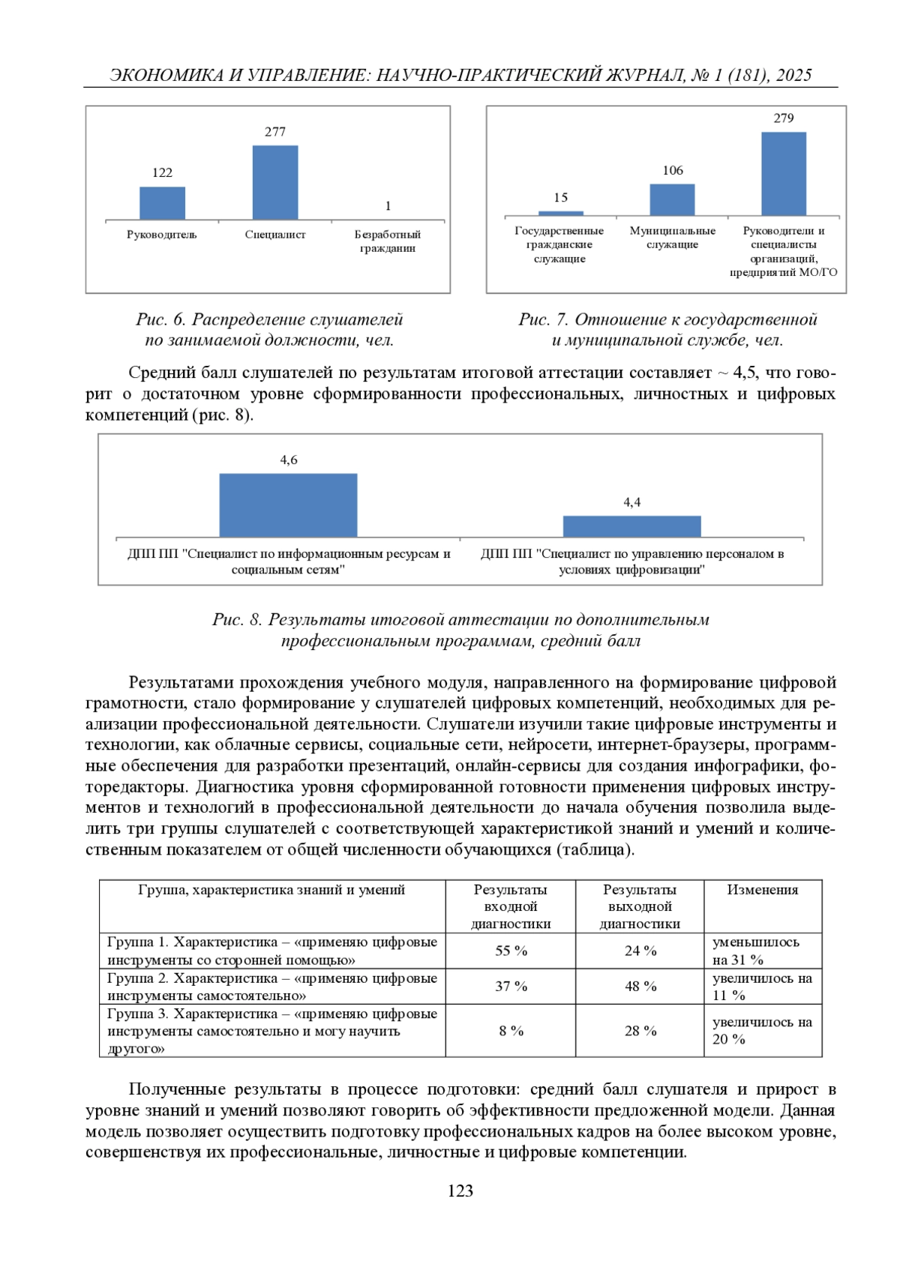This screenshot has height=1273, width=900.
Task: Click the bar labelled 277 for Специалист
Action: [x=275, y=182]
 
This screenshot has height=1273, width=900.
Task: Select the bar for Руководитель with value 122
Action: [x=162, y=203]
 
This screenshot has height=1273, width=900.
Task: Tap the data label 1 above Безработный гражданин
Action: [x=388, y=206]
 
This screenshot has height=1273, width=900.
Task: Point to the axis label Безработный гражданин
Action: [x=388, y=241]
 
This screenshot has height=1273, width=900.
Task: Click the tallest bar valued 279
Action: [x=784, y=174]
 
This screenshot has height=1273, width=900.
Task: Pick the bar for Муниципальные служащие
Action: [x=672, y=200]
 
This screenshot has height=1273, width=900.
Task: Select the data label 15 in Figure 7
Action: [x=561, y=198]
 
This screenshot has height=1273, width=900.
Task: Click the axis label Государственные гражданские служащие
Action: [x=559, y=244]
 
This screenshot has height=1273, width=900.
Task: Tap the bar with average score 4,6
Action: [x=288, y=505]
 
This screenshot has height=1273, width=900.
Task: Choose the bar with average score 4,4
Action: [x=631, y=526]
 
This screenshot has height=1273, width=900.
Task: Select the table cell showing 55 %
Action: [x=511, y=951]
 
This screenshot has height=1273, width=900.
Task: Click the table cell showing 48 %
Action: [x=640, y=987]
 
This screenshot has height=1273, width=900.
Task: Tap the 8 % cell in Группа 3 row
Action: [x=511, y=1031]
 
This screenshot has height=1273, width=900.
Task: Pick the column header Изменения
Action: [x=762, y=890]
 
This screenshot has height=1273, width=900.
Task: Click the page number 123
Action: [x=460, y=1191]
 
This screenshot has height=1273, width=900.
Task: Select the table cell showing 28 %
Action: [x=640, y=1031]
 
